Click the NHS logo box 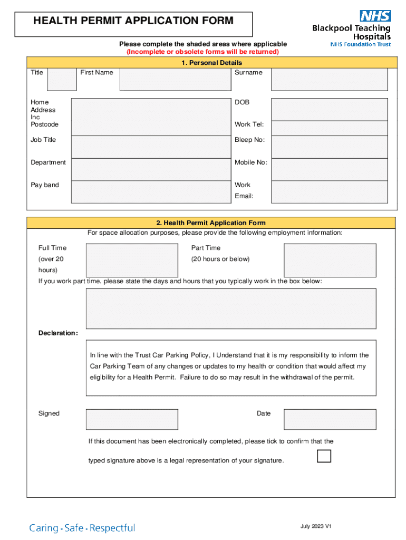pos(375,16)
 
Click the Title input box pos(62,80)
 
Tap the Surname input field pos(330,80)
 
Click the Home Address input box pos(151,117)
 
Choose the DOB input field pos(330,109)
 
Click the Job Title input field pos(151,147)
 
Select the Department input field pos(151,169)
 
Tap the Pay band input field pos(151,192)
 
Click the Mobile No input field pos(330,169)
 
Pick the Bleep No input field pos(330,147)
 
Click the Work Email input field pos(330,192)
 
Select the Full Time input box pos(132,260)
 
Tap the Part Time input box pos(330,260)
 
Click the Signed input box pos(132,419)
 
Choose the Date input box pos(330,419)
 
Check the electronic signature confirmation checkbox pos(324,456)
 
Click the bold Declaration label pos(58,333)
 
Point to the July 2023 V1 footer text pos(316,526)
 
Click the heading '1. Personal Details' pos(211,63)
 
